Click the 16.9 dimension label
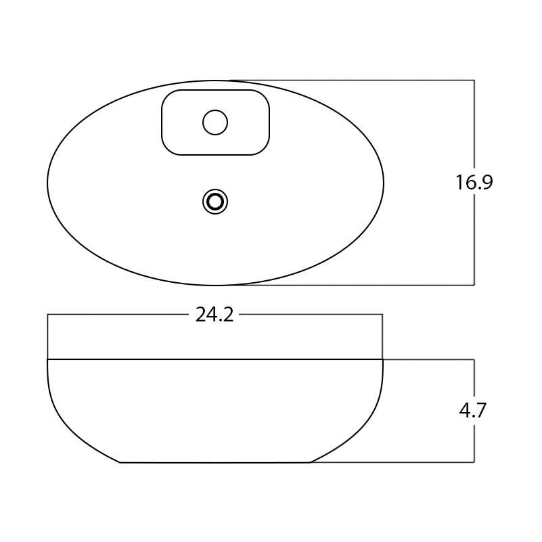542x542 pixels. pyautogui.click(x=474, y=183)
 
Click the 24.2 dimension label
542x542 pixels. pyautogui.click(x=214, y=315)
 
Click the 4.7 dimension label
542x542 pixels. pyautogui.click(x=472, y=411)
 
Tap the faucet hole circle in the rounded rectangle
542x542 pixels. pyautogui.click(x=215, y=122)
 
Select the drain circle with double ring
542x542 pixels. pyautogui.click(x=215, y=202)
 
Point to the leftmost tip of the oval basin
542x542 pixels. pyautogui.click(x=47, y=183)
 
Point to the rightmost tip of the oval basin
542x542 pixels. pyautogui.click(x=384, y=183)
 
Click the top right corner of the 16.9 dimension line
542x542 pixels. pyautogui.click(x=474, y=81)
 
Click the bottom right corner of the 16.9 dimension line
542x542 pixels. pyautogui.click(x=474, y=285)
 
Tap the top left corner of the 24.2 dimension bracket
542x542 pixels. pyautogui.click(x=47, y=315)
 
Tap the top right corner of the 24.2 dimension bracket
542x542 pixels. pyautogui.click(x=382, y=315)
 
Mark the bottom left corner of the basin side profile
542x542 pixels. pyautogui.click(x=120, y=462)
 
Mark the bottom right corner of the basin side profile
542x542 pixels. pyautogui.click(x=310, y=462)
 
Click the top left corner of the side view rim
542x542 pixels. pyautogui.click(x=47, y=359)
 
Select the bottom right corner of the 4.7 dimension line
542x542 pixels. pyautogui.click(x=474, y=462)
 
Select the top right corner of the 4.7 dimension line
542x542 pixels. pyautogui.click(x=474, y=359)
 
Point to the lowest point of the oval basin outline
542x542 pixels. pyautogui.click(x=215, y=285)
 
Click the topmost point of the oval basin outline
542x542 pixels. pyautogui.click(x=215, y=81)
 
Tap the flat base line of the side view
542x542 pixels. pyautogui.click(x=215, y=462)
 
